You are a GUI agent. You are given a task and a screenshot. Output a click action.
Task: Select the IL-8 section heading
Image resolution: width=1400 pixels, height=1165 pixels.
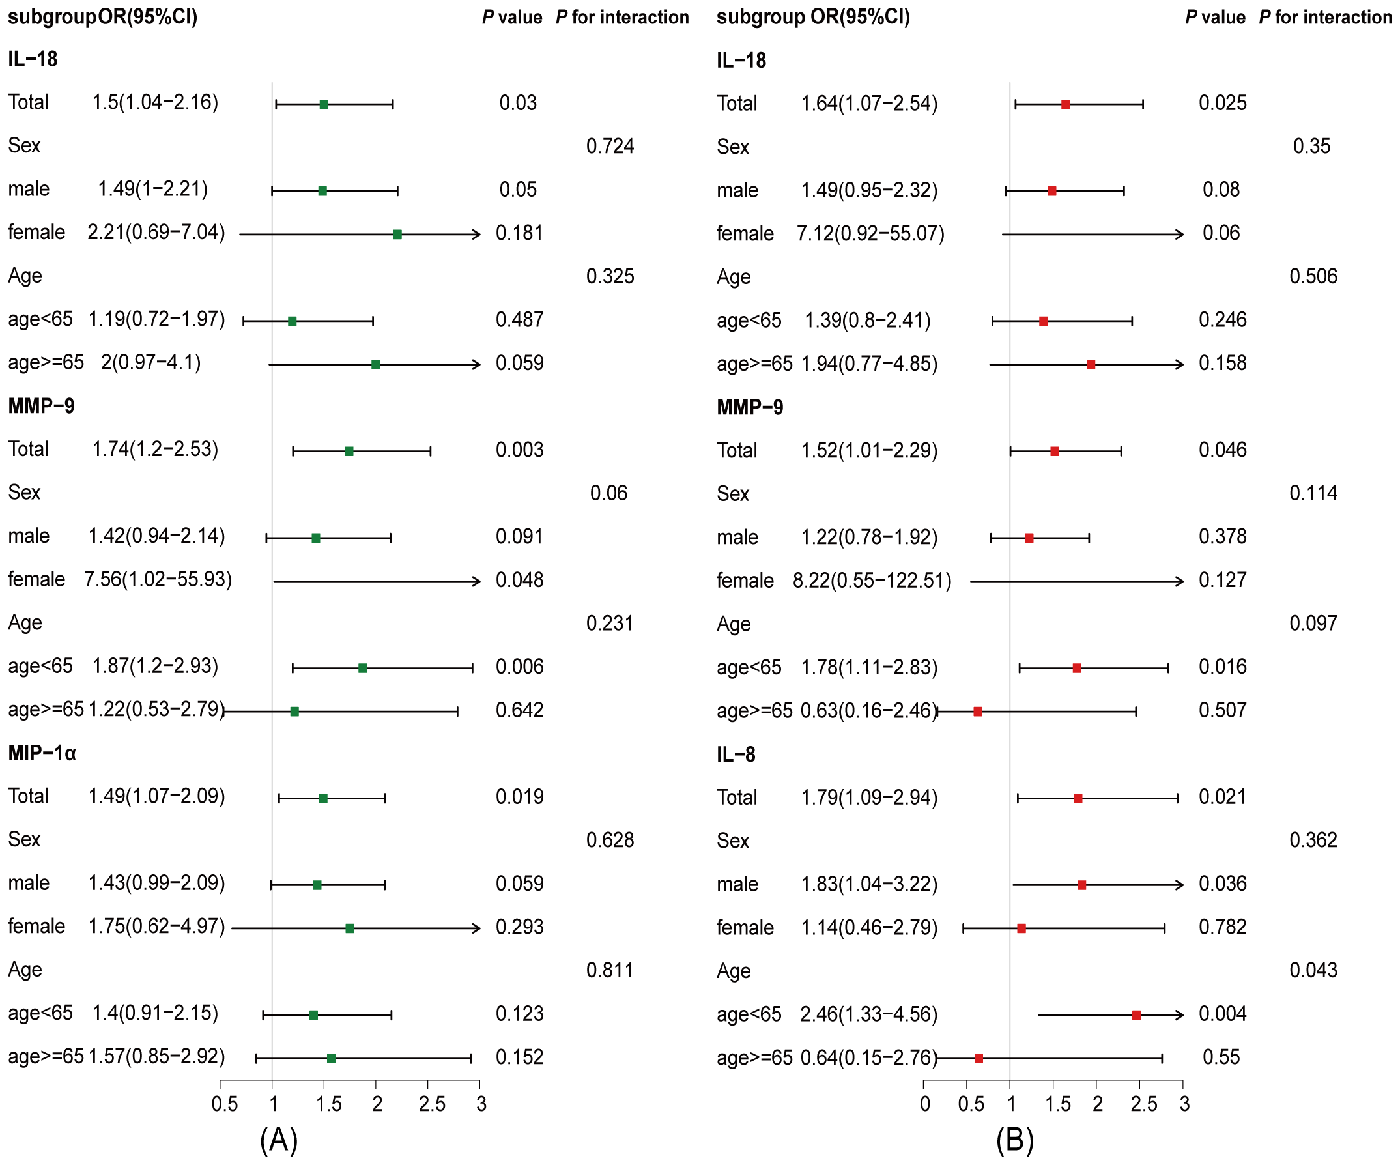pyautogui.click(x=736, y=755)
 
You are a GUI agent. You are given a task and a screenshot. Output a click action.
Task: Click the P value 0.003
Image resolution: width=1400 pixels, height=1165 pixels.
pyautogui.click(x=519, y=450)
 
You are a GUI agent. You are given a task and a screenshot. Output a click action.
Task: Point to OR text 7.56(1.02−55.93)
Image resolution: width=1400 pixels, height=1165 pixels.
pyautogui.click(x=158, y=579)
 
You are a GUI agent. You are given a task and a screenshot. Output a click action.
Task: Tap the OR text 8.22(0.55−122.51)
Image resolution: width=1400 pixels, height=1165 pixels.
pyautogui.click(x=871, y=581)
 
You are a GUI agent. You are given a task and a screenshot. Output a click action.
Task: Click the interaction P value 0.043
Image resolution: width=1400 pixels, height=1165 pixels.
pyautogui.click(x=1313, y=970)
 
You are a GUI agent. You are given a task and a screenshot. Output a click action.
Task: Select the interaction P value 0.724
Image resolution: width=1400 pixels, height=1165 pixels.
pyautogui.click(x=609, y=146)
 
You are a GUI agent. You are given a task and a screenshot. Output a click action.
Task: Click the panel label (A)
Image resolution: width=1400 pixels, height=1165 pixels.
pyautogui.click(x=278, y=1140)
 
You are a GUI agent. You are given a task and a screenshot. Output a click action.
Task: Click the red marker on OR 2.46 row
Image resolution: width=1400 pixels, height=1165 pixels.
pyautogui.click(x=1136, y=1016)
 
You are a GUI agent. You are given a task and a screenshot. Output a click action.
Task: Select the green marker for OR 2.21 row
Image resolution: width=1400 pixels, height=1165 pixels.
pyautogui.click(x=397, y=235)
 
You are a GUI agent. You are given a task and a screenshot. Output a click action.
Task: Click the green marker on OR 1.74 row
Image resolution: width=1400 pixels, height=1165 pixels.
pyautogui.click(x=349, y=452)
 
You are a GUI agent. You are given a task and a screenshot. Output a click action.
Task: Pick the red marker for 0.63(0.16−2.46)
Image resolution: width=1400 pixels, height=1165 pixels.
pyautogui.click(x=977, y=712)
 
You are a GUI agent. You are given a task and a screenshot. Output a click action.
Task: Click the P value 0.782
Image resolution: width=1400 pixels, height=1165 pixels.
pyautogui.click(x=1222, y=927)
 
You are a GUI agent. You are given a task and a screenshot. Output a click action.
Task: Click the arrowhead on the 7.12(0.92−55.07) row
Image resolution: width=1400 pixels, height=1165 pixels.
pyautogui.click(x=1180, y=235)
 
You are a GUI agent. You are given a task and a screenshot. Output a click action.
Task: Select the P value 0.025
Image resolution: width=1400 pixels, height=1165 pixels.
pyautogui.click(x=1222, y=103)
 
